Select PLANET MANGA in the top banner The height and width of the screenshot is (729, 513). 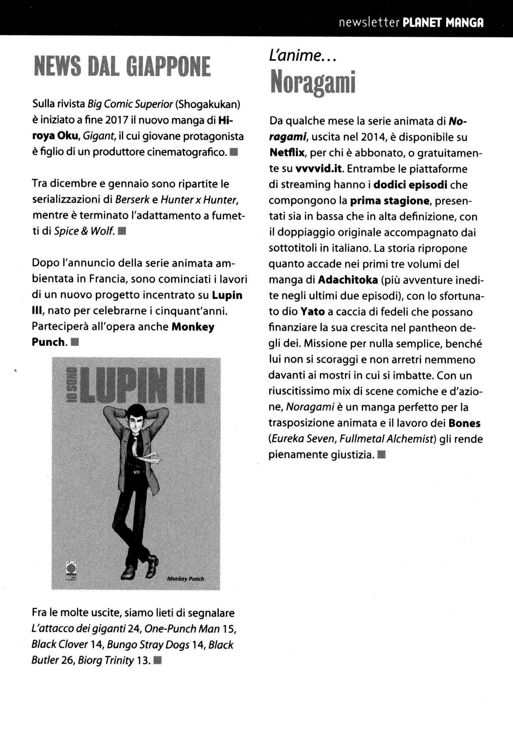click(x=443, y=23)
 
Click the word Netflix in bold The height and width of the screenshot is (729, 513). click(x=287, y=152)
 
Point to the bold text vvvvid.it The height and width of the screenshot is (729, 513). click(x=318, y=168)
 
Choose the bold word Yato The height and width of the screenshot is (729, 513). click(x=313, y=312)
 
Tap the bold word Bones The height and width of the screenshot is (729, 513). click(x=464, y=423)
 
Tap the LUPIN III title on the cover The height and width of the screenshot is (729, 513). click(x=141, y=385)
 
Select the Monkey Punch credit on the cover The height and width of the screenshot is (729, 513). click(x=185, y=579)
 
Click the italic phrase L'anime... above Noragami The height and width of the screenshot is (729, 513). click(x=303, y=56)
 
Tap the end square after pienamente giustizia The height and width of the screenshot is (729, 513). click(x=381, y=455)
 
